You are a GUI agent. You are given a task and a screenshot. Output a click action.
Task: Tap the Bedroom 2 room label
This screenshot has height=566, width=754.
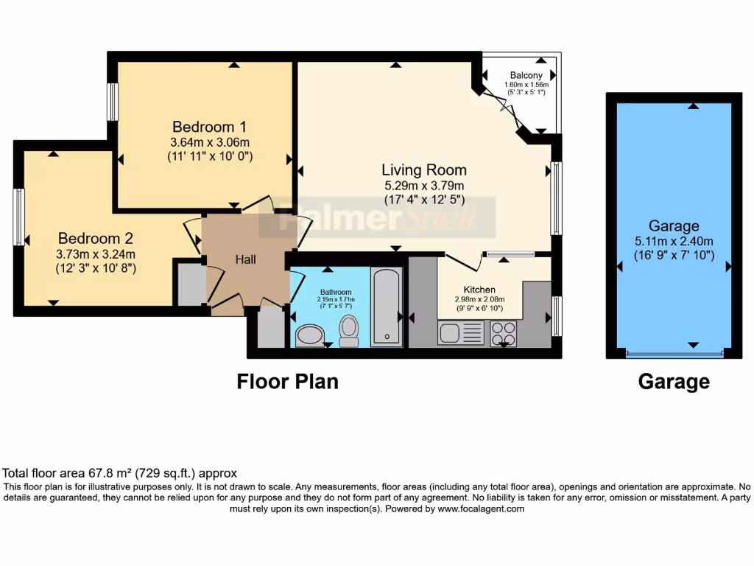(95, 238)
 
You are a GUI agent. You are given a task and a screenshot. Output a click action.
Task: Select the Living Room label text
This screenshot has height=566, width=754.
(423, 170)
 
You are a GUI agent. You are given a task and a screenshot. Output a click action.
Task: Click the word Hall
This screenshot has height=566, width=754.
(246, 259)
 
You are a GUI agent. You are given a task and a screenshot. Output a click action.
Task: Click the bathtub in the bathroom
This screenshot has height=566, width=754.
(387, 307)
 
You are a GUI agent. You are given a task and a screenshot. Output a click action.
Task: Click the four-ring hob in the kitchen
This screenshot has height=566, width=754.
(504, 333)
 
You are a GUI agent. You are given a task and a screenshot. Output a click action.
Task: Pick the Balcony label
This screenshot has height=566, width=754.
(526, 75)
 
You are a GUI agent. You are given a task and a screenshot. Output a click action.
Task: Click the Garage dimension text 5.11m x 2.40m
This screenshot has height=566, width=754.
(674, 241)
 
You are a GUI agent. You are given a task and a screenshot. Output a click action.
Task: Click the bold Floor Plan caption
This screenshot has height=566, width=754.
(287, 382)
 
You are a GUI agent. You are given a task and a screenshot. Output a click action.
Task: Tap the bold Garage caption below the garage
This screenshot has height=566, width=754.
(674, 382)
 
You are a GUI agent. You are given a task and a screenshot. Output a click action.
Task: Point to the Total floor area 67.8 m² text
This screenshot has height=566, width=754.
(119, 473)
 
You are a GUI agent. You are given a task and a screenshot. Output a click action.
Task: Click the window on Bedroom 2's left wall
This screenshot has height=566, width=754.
(18, 217)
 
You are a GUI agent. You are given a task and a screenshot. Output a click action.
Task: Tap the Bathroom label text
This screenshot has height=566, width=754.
(336, 291)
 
